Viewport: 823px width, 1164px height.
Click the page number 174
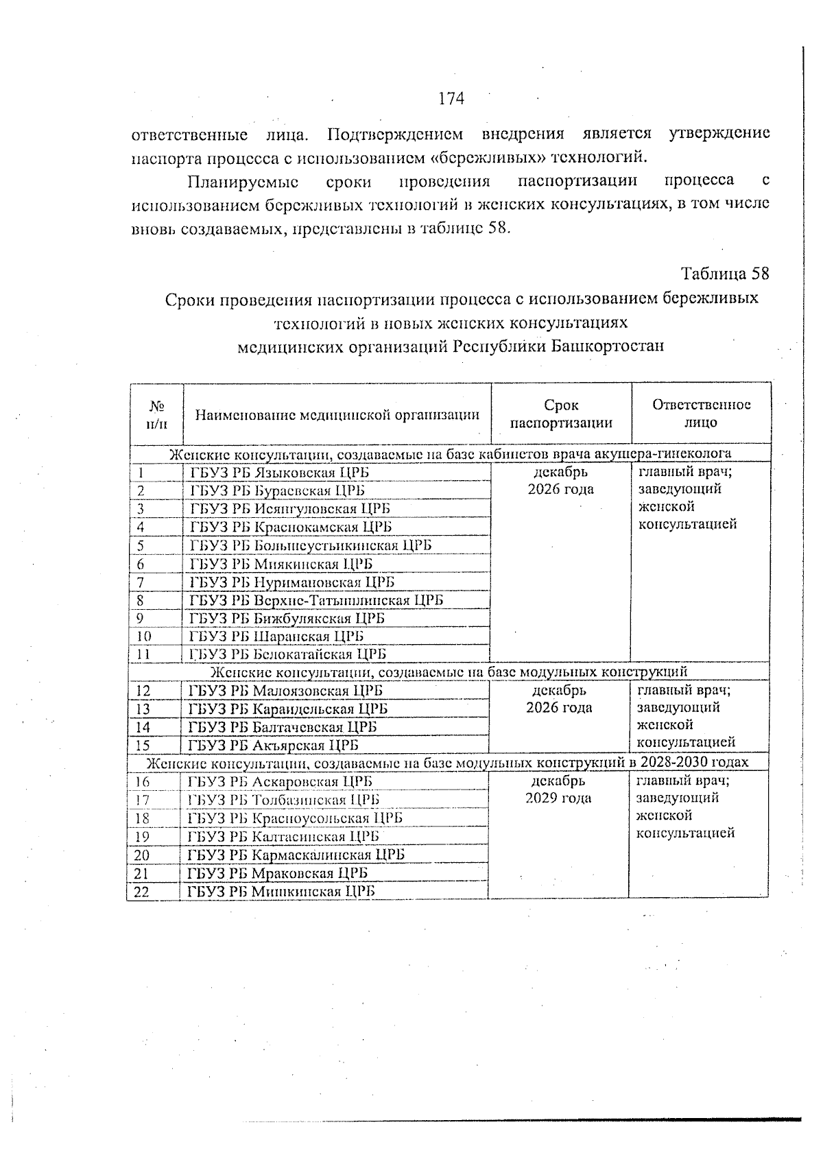click(x=451, y=99)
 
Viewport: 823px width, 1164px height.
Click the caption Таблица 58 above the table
click(x=725, y=274)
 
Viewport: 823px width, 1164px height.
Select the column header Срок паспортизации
click(x=561, y=414)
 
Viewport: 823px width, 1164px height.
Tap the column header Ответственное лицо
click(x=701, y=413)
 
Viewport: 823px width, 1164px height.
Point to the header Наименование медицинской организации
click(x=337, y=414)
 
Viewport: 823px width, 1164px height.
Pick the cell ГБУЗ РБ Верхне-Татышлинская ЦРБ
click(x=316, y=600)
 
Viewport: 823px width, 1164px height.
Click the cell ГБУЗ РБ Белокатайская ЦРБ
click(x=288, y=654)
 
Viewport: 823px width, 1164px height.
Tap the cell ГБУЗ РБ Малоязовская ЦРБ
click(x=285, y=691)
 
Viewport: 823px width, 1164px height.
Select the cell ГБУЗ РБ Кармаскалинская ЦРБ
click(x=296, y=855)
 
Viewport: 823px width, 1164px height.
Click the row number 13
click(x=143, y=709)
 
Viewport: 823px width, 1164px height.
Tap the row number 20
click(x=142, y=855)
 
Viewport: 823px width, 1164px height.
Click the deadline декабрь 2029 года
click(x=558, y=789)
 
